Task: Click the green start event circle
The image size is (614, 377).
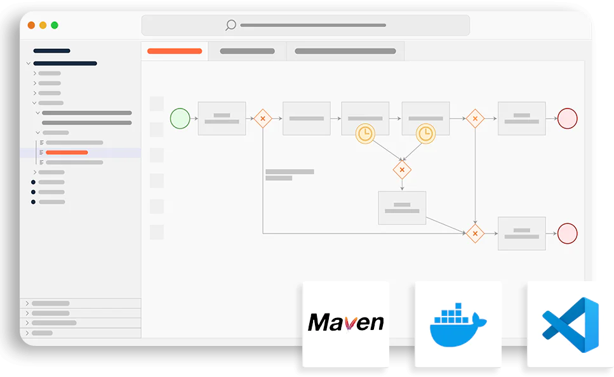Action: [x=180, y=118]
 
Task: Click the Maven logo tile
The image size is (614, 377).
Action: [x=345, y=324]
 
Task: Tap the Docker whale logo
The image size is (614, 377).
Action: [x=458, y=324]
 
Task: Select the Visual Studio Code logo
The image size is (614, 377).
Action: [x=570, y=324]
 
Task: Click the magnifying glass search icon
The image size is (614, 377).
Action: [x=230, y=25]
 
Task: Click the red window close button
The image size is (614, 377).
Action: [x=32, y=25]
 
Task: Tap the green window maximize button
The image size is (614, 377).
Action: [x=55, y=25]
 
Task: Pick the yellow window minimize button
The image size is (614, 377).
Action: [x=43, y=25]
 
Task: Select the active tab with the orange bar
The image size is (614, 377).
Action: [x=175, y=51]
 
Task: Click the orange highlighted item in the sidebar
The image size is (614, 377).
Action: [x=67, y=152]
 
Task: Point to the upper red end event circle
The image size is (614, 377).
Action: [x=567, y=118]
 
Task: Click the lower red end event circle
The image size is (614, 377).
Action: [x=567, y=233]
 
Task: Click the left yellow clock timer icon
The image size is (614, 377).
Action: [x=365, y=133]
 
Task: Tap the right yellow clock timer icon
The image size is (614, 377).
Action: [x=425, y=133]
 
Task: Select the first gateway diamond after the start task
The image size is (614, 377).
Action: [x=262, y=118]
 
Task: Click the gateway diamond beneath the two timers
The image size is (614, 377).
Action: [x=401, y=170]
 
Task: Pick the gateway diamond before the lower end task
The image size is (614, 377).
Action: [x=475, y=233]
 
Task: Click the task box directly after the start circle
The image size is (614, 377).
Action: [x=222, y=118]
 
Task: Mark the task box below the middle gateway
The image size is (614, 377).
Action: [x=402, y=208]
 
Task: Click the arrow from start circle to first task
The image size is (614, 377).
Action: [x=194, y=118]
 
